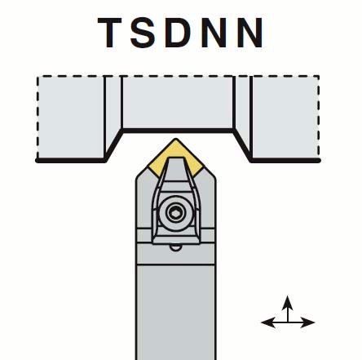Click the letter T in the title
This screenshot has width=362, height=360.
pyautogui.click(x=109, y=33)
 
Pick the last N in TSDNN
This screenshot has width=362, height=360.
pyautogui.click(x=250, y=33)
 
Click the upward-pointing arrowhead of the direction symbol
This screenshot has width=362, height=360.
pyautogui.click(x=288, y=303)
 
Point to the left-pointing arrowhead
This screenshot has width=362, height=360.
pyautogui.click(x=268, y=322)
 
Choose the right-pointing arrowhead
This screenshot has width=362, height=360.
pyautogui.click(x=307, y=322)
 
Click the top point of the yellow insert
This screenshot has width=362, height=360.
pyautogui.click(x=175, y=139)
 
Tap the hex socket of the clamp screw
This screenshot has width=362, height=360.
pyautogui.click(x=175, y=212)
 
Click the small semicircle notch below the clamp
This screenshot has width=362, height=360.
pyautogui.click(x=175, y=247)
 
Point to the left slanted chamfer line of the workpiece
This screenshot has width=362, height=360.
pyautogui.click(x=114, y=145)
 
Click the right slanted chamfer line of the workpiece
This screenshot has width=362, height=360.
pyautogui.click(x=242, y=145)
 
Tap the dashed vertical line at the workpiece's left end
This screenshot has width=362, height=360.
pyautogui.click(x=38, y=118)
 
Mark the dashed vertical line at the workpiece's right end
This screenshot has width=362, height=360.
pyautogui.click(x=318, y=118)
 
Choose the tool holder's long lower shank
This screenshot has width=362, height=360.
pyautogui.click(x=176, y=312)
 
